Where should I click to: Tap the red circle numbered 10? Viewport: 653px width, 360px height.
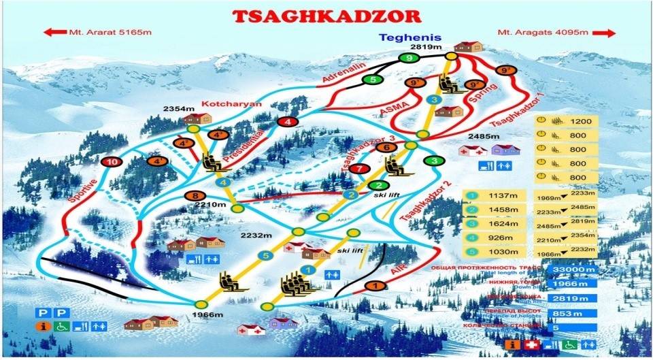[x=112, y=162]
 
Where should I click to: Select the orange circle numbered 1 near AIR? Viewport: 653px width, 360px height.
[x=373, y=286]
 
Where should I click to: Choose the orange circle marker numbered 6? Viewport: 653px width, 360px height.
[x=386, y=146]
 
